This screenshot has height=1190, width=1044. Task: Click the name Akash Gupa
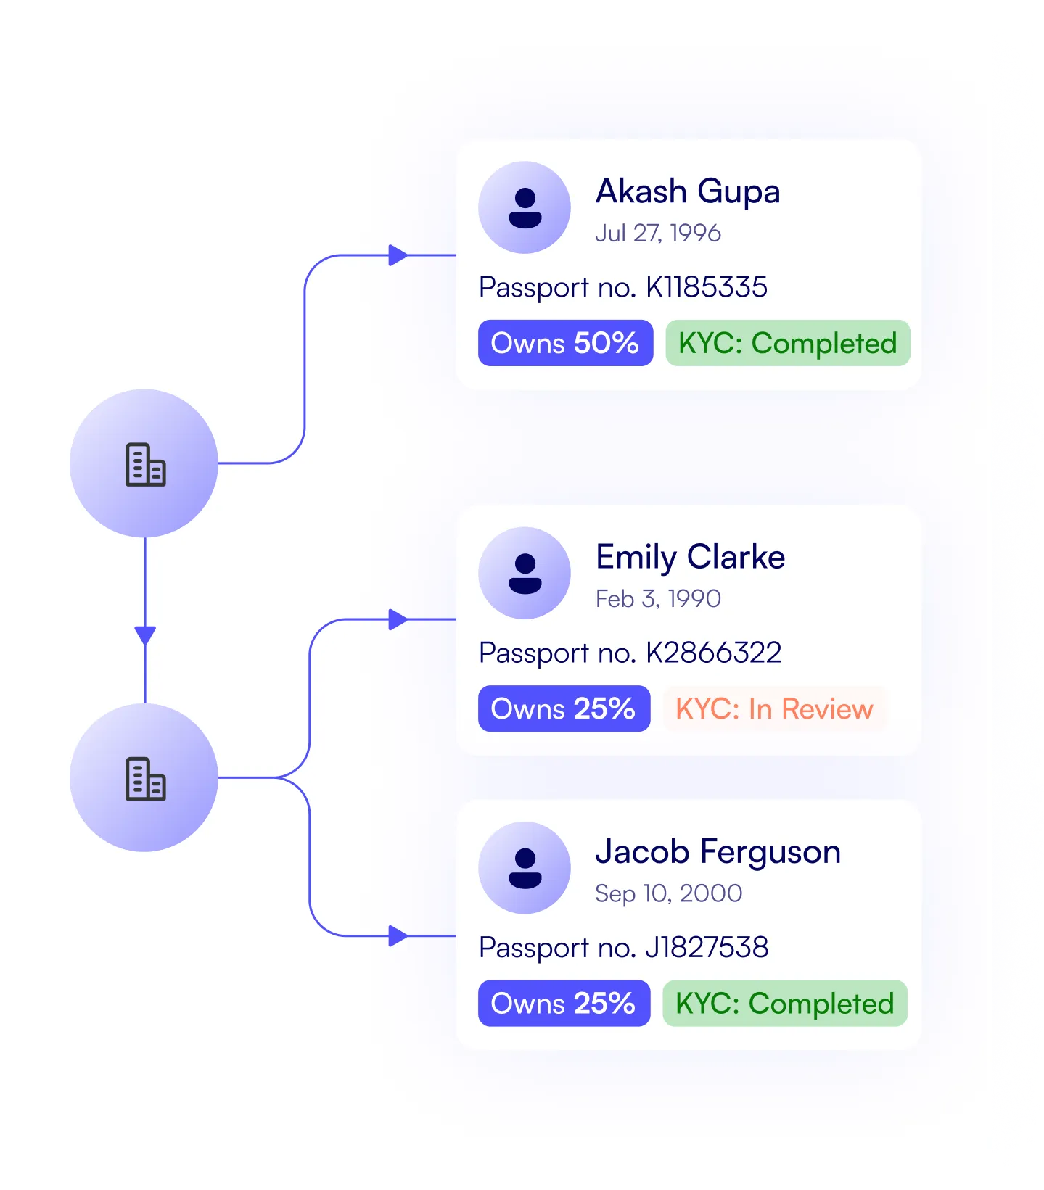pyautogui.click(x=687, y=192)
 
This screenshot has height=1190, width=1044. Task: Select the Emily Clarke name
pyautogui.click(x=690, y=558)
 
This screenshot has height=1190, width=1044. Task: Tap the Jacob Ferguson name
pyautogui.click(x=718, y=852)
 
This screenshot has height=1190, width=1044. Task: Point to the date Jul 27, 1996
pyautogui.click(x=657, y=233)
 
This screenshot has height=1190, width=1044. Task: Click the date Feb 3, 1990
pyautogui.click(x=657, y=598)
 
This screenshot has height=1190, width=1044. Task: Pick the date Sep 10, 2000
pyautogui.click(x=668, y=893)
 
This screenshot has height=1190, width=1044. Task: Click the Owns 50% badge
pyautogui.click(x=565, y=343)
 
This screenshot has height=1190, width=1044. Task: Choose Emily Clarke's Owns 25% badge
pyautogui.click(x=564, y=708)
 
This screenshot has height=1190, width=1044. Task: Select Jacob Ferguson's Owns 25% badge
pyautogui.click(x=564, y=1004)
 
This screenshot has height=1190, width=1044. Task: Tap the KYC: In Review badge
pyautogui.click(x=774, y=708)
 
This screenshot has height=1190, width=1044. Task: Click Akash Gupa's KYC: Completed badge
pyautogui.click(x=787, y=343)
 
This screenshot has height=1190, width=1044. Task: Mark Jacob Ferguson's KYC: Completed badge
pyautogui.click(x=784, y=1004)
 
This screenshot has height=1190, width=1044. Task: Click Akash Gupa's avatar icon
pyautogui.click(x=525, y=207)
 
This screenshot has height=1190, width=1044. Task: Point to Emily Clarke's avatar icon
pyautogui.click(x=525, y=573)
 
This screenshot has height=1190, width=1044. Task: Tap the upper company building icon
pyautogui.click(x=145, y=464)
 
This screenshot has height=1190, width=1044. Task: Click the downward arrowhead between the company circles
pyautogui.click(x=145, y=635)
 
